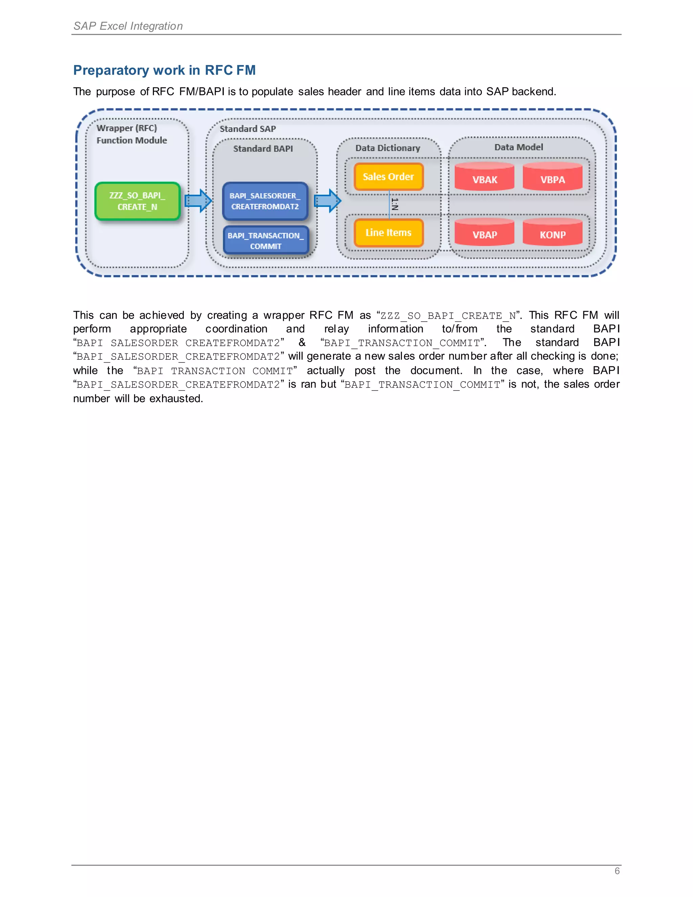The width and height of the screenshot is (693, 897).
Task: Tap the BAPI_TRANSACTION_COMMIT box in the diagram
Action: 266,241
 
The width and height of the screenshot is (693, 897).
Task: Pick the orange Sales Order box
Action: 388,177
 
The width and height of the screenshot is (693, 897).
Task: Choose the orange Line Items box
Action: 388,233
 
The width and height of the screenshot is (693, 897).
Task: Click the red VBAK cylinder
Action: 485,177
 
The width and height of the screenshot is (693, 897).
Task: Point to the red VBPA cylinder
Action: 553,177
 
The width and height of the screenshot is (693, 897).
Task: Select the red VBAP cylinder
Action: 485,233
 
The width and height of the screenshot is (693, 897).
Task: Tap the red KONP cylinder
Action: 553,233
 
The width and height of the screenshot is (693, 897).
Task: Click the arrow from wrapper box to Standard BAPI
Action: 198,201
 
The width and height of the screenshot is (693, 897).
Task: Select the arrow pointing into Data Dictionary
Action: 328,201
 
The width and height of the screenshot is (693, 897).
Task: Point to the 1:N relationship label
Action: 395,204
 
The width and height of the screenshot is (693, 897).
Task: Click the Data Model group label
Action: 518,147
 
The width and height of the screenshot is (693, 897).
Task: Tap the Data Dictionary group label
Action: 387,148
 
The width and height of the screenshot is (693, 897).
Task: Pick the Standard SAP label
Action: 248,129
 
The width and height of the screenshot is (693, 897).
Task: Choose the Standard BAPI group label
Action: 263,149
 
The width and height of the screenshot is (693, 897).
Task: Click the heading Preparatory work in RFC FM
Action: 164,70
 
